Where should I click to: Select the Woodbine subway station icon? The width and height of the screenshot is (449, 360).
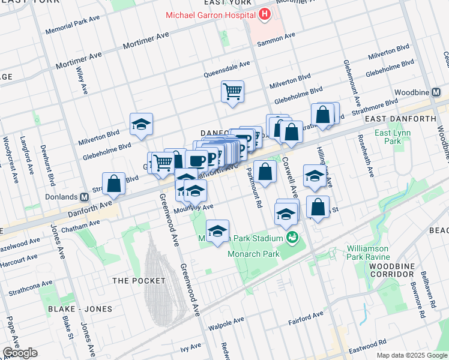click(436, 93)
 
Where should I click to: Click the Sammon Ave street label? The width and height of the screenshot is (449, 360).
click(276, 40)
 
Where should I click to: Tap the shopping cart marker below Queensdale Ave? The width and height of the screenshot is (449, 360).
click(232, 92)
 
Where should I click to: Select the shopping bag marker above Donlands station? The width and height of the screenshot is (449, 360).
click(113, 184)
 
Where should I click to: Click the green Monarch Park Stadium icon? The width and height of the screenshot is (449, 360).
click(292, 238)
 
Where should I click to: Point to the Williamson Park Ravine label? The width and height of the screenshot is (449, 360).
click(367, 253)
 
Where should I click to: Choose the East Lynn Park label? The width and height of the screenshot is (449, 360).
click(387, 137)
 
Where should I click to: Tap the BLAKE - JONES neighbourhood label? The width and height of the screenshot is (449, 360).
click(80, 309)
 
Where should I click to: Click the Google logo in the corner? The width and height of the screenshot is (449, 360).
click(20, 353)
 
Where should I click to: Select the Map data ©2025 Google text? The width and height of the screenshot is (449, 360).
click(412, 355)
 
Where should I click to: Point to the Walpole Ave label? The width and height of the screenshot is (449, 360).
click(224, 327)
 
